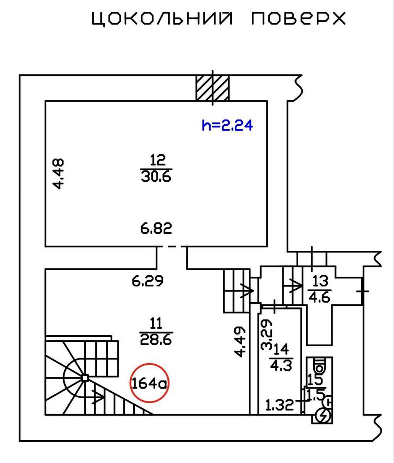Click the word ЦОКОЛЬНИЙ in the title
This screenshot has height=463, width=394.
point(162,19)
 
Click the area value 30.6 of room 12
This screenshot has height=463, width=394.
point(156,177)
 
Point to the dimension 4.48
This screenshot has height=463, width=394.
point(58,174)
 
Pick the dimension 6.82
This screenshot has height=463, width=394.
point(156,228)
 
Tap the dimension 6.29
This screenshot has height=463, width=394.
point(148,281)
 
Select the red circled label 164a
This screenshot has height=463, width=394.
point(149,384)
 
